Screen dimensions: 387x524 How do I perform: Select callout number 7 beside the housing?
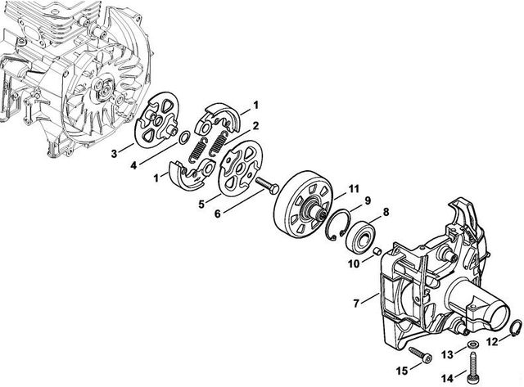pos(355,304)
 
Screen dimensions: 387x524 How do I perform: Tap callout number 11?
pos(354,190)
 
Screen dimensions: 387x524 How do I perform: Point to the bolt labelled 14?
pos(474,363)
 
